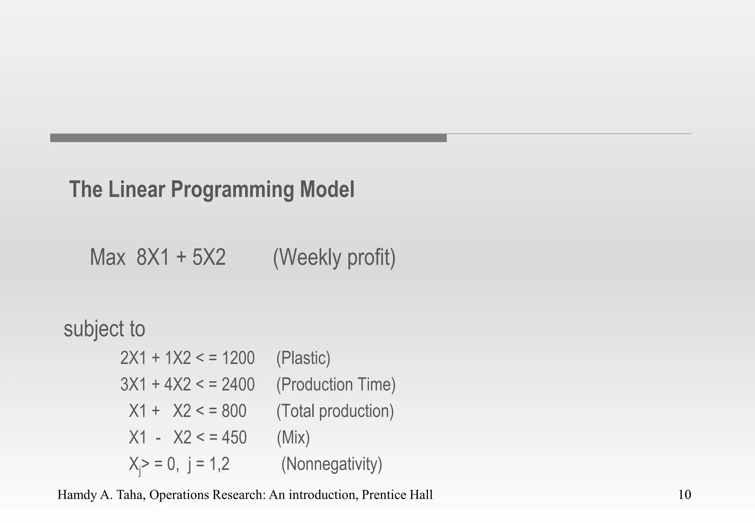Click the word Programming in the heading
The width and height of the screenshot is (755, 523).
(232, 190)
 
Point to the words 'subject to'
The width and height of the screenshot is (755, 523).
(104, 329)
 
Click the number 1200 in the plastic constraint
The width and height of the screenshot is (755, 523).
(238, 358)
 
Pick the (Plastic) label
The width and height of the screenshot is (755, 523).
(303, 358)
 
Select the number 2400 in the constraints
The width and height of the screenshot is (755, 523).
(238, 384)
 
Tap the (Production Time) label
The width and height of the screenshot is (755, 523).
(336, 384)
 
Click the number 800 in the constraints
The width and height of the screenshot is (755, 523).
(234, 411)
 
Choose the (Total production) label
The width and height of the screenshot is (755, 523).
(335, 411)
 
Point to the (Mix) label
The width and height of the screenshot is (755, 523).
(293, 437)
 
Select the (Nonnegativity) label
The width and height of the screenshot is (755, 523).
(332, 464)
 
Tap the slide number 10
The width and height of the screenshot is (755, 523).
(685, 495)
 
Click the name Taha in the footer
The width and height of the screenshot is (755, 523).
(127, 495)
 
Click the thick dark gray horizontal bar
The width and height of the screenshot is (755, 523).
(248, 138)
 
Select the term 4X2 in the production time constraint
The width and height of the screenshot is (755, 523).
(178, 384)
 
